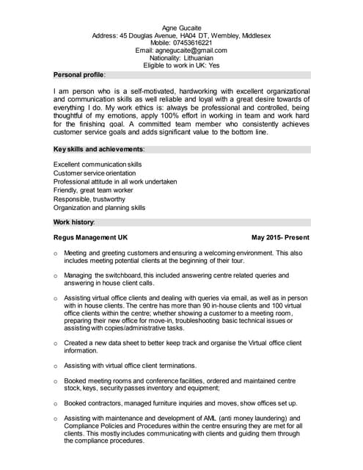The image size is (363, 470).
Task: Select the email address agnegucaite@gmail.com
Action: point(191,50)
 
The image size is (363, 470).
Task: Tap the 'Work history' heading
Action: point(74,221)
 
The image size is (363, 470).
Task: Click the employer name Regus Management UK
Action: point(91,238)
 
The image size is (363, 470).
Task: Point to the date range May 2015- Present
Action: point(280,238)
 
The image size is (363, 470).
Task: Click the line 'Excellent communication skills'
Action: point(98,164)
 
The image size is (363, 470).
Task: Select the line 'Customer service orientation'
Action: point(95,173)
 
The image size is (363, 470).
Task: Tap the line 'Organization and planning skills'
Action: point(99,208)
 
